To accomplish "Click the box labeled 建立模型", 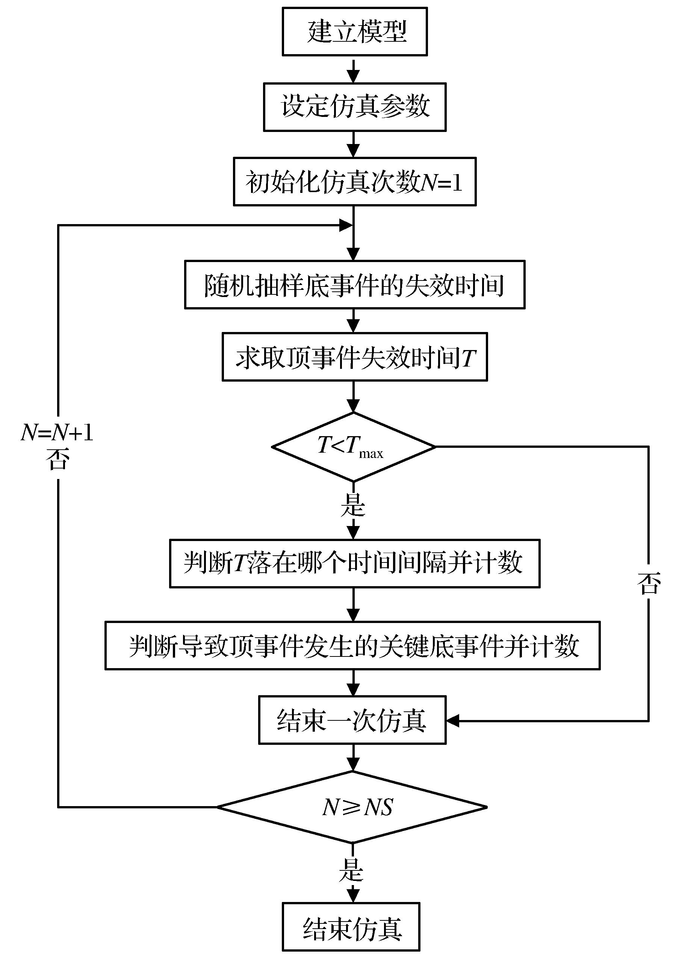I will coord(354,32).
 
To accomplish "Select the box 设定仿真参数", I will coord(354,107).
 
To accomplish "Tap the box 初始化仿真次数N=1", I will coord(354,182).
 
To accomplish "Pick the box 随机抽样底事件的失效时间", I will coord(354,285).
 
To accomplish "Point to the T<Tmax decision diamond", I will coord(354,447).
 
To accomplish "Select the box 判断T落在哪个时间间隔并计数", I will coord(354,563).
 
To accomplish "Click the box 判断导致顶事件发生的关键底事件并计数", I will coord(352,645).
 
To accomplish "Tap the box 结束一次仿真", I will coord(352,720).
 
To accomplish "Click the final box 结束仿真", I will coord(351,927).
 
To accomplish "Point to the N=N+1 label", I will coord(57,433).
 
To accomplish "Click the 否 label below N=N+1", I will coord(58,459).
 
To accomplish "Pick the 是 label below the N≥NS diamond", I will coord(351,870).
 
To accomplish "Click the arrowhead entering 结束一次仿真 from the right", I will coord(452,721).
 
